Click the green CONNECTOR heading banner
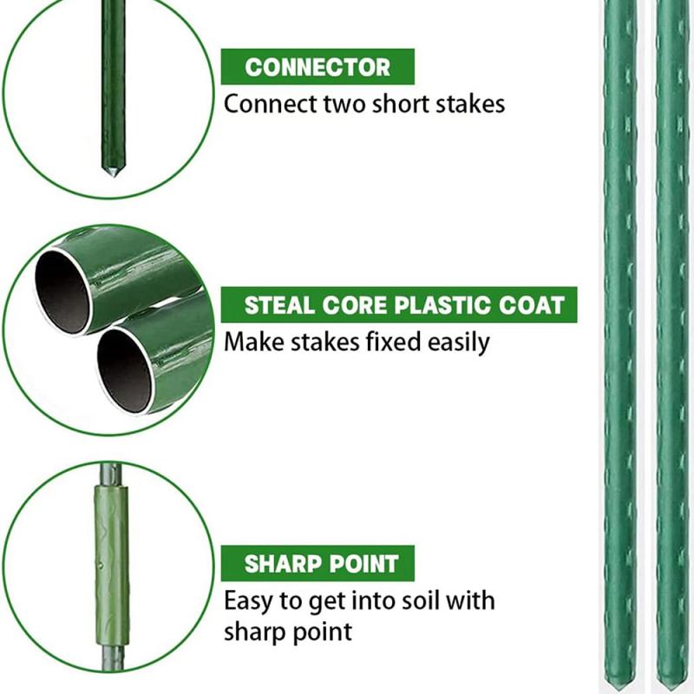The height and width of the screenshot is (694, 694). tap(318, 67)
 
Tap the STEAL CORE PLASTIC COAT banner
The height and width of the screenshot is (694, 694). tap(399, 305)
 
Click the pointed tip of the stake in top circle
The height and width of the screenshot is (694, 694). tap(111, 173)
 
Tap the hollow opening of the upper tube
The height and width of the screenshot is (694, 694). tap(62, 292)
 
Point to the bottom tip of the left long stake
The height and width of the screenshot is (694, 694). tap(619, 684)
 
